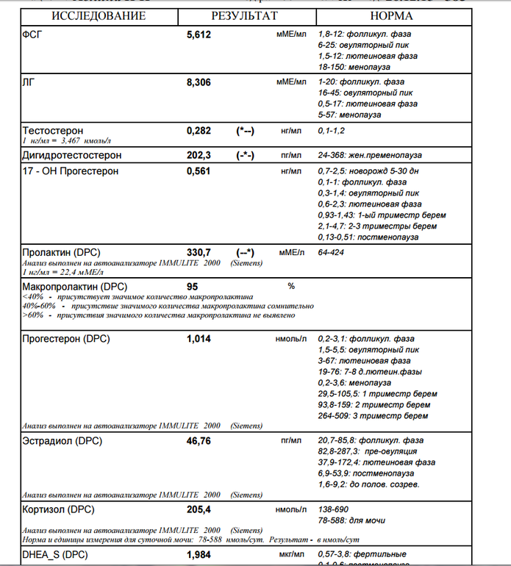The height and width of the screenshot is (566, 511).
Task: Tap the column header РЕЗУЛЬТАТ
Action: pyautogui.click(x=245, y=15)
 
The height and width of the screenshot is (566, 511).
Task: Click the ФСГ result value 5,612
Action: pyautogui.click(x=199, y=35)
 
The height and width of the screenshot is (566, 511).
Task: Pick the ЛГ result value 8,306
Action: pyautogui.click(x=199, y=83)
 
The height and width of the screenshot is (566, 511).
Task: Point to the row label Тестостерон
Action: pyautogui.click(x=53, y=130)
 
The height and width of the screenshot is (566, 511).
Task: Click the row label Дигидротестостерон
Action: pyautogui.click(x=72, y=155)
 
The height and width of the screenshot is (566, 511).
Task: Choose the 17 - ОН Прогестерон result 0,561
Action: pyautogui.click(x=199, y=171)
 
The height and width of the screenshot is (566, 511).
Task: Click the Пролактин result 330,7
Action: pyautogui.click(x=199, y=252)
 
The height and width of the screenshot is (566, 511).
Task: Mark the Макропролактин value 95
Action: pyautogui.click(x=193, y=286)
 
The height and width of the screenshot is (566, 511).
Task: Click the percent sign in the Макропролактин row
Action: pyautogui.click(x=291, y=286)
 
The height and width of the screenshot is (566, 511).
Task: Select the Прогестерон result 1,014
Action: pyautogui.click(x=199, y=339)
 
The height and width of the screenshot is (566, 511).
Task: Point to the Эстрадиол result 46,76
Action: pyautogui.click(x=199, y=441)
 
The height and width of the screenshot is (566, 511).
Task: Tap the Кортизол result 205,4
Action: pyautogui.click(x=199, y=509)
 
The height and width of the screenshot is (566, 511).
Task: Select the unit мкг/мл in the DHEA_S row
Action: pyautogui.click(x=291, y=554)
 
